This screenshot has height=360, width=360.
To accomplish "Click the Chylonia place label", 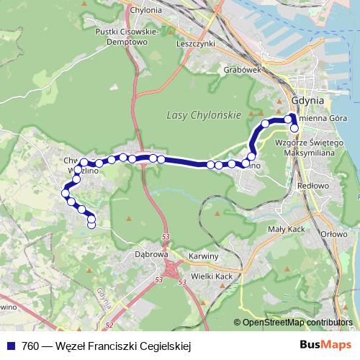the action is tap(145, 10).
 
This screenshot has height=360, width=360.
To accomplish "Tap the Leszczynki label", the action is tap(196, 42).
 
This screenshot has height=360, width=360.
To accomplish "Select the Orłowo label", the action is tap(334, 234).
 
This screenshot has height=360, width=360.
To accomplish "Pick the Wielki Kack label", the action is tap(212, 276).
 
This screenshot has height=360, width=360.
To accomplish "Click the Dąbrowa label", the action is tap(151, 254).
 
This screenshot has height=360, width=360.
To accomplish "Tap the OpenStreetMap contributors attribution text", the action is tap(297, 322).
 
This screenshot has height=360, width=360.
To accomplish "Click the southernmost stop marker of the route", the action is tap(91, 225).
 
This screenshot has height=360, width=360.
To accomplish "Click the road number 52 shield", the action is tap(109, 325).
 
